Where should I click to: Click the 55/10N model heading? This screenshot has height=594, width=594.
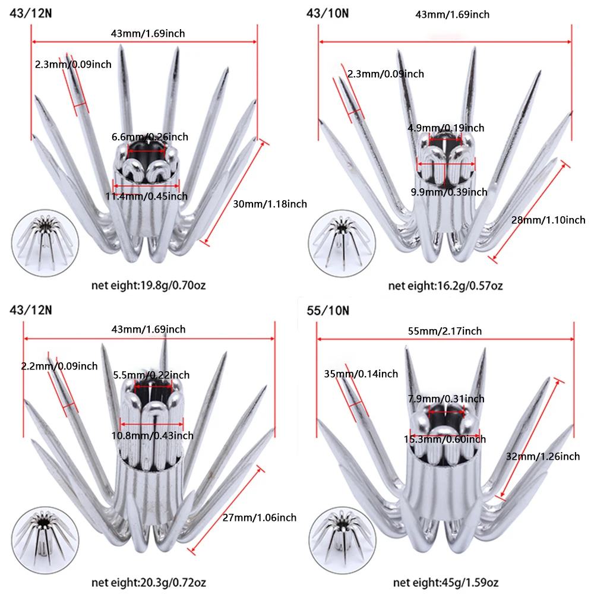(x=328, y=311)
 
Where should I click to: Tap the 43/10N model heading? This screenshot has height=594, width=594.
(x=327, y=14)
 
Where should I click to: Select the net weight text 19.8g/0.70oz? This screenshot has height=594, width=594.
(x=173, y=285)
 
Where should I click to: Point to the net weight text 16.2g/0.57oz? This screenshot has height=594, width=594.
(x=470, y=285)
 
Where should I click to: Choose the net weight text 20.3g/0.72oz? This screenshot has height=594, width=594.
(x=173, y=582)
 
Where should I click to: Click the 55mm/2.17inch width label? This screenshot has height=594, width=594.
(x=445, y=331)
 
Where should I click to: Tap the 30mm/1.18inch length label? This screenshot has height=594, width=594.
(x=270, y=204)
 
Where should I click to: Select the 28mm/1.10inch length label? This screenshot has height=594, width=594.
(x=548, y=220)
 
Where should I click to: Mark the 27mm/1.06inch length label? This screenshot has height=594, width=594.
(x=260, y=517)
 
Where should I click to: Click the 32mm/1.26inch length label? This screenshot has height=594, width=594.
(x=543, y=456)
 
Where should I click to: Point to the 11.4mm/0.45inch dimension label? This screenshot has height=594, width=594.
(x=146, y=196)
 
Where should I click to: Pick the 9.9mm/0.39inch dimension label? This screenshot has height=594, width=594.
(x=449, y=192)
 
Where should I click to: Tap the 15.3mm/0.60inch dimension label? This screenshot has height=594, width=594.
(x=445, y=440)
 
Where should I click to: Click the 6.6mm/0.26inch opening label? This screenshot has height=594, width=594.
(x=150, y=137)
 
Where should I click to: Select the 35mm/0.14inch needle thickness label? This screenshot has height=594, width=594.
(x=361, y=374)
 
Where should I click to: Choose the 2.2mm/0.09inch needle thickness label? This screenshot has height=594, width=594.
(x=59, y=366)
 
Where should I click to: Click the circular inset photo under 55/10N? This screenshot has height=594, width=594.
(x=342, y=540)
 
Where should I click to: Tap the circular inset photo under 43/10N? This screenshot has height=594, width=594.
(x=342, y=243)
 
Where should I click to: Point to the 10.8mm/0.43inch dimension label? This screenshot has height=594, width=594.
(x=152, y=435)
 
